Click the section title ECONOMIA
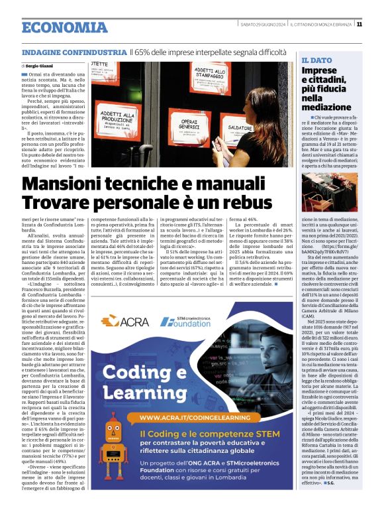[x=64, y=27]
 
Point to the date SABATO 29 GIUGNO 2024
[x=264, y=25]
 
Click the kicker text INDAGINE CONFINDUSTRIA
[x=74, y=51]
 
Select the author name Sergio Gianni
[x=42, y=66]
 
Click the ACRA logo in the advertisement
[x=120, y=321]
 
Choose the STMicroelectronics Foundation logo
[x=185, y=321]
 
